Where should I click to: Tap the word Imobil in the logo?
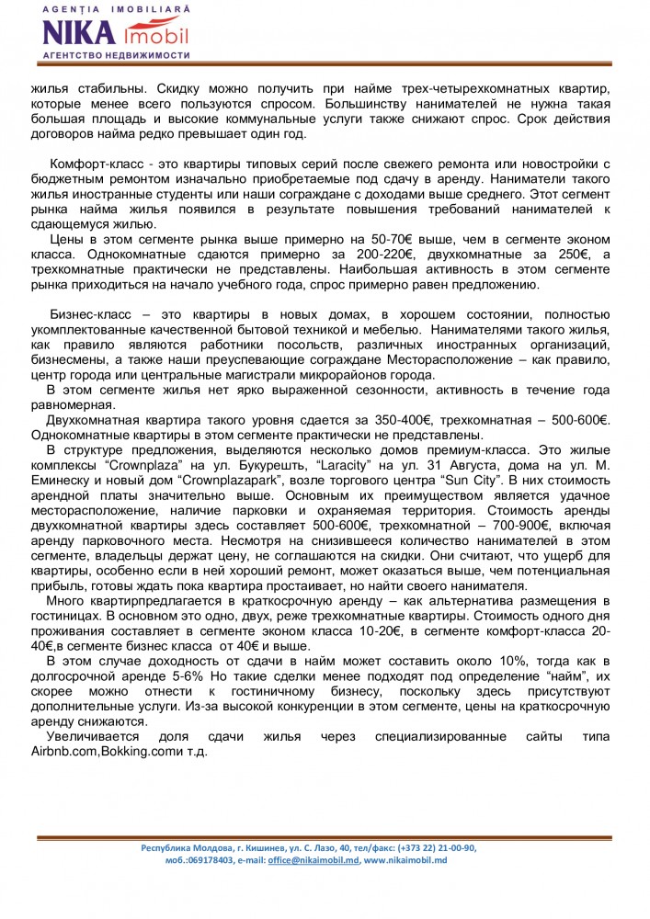pos(155,36)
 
